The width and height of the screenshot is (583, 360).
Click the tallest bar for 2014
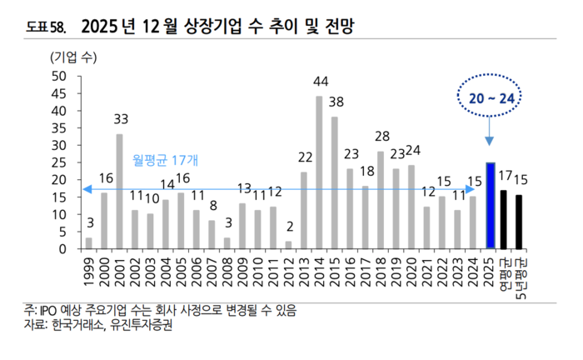[x=319, y=172]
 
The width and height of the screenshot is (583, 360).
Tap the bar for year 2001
[x=119, y=192]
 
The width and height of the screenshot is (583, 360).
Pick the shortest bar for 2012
[x=288, y=245]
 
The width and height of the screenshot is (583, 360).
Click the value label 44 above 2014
[x=321, y=82]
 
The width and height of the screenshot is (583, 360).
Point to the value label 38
[x=336, y=102]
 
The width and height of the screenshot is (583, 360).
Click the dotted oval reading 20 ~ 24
[x=490, y=98]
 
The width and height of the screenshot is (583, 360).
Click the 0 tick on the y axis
[x=62, y=249]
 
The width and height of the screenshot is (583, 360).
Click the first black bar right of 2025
[x=503, y=219]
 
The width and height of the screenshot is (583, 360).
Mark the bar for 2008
[x=227, y=243]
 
